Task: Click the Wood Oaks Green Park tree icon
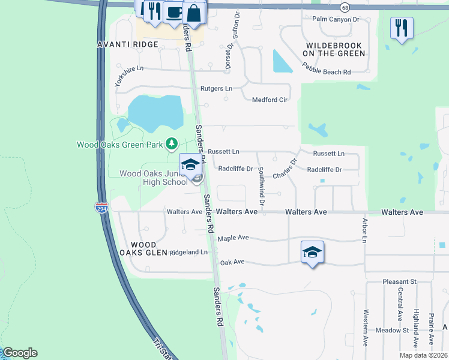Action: click(172, 143)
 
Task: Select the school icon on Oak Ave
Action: click(312, 252)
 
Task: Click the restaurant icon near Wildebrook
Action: click(401, 28)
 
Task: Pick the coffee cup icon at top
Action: click(174, 11)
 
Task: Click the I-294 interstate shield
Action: click(101, 207)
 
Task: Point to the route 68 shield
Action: click(344, 7)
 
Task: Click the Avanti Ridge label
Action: click(128, 44)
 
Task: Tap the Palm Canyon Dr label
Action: click(336, 19)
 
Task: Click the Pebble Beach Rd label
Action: click(327, 72)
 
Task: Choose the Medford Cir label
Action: click(270, 100)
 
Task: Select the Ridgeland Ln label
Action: click(188, 253)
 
